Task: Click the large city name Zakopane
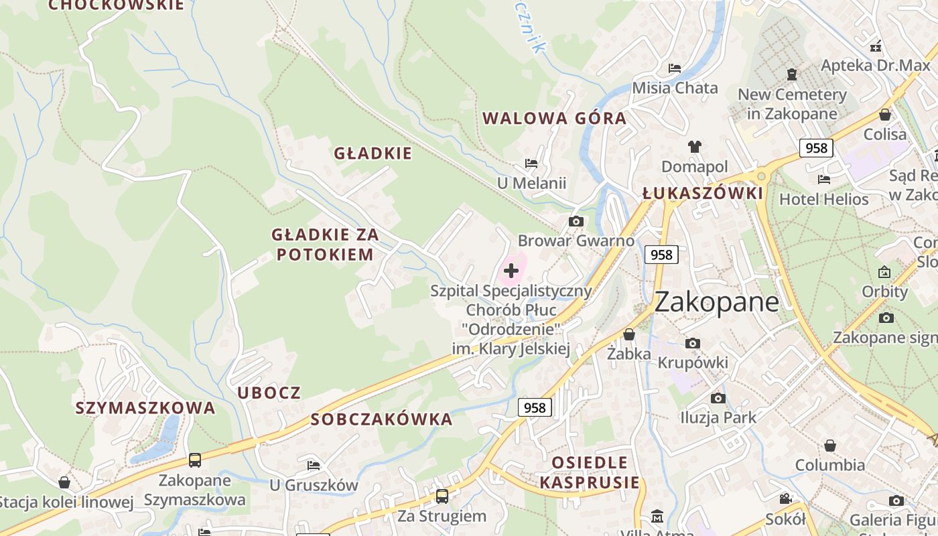(x=716, y=302)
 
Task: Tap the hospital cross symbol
(x=511, y=271)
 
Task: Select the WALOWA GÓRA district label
(x=554, y=119)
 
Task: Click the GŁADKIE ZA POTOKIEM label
(x=325, y=245)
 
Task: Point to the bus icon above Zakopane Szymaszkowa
(x=194, y=460)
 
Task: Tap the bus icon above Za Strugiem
(x=442, y=496)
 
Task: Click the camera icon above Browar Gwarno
(x=576, y=221)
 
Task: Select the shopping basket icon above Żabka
(x=629, y=334)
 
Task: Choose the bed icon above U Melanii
(x=531, y=163)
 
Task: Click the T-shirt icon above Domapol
(x=694, y=147)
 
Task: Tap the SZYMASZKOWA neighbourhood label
(x=145, y=408)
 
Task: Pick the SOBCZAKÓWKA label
(x=382, y=419)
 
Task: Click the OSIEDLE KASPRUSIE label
(x=590, y=472)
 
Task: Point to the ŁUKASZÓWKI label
(x=702, y=194)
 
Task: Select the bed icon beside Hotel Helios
(x=824, y=179)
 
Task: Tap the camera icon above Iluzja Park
(x=718, y=399)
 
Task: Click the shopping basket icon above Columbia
(x=830, y=446)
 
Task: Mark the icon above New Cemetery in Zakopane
(x=792, y=74)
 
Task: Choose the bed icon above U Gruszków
(x=313, y=465)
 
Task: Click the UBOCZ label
(x=269, y=393)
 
